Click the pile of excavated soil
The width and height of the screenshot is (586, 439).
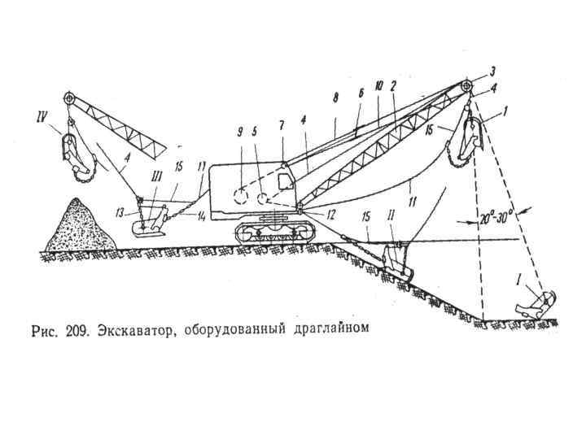coord(74,227)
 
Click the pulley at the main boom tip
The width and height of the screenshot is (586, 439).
coord(466,87)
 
